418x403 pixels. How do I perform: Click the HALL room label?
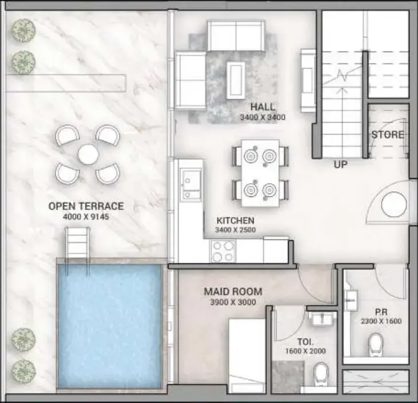(x=263, y=106)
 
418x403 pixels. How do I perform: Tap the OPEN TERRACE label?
(x=86, y=207)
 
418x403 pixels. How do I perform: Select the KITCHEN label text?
(x=235, y=220)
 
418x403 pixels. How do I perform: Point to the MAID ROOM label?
(x=230, y=292)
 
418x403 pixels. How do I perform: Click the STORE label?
(x=388, y=135)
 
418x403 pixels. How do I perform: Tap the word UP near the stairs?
(x=341, y=164)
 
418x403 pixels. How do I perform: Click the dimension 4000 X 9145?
(x=86, y=216)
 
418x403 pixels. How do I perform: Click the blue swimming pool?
(x=111, y=324)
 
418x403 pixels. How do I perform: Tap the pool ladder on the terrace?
(x=78, y=242)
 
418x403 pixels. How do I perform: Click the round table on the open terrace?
(x=88, y=154)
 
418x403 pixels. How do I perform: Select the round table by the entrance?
(x=394, y=206)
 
